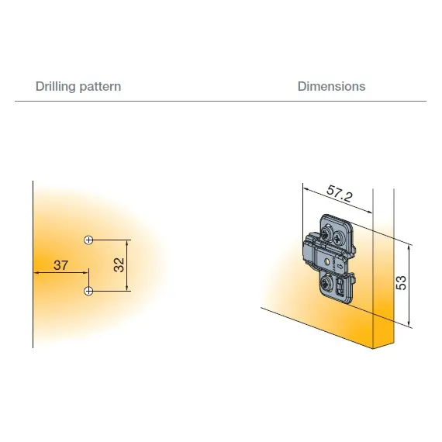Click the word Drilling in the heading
click(x=55, y=87)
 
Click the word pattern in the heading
click(x=100, y=87)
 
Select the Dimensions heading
click(x=332, y=86)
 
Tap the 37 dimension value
click(x=61, y=265)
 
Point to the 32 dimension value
click(x=119, y=265)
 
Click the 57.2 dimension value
click(x=340, y=193)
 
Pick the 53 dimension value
click(x=401, y=283)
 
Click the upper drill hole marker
click(x=88, y=240)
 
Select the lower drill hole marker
click(x=88, y=291)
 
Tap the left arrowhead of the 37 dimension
click(x=36, y=273)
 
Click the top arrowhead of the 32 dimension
click(x=127, y=243)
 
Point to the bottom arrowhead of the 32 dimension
click(x=127, y=288)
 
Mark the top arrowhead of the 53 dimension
click(x=409, y=248)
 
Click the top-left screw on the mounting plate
click(x=326, y=233)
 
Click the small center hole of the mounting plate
click(x=327, y=261)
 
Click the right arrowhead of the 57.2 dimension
click(x=369, y=212)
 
